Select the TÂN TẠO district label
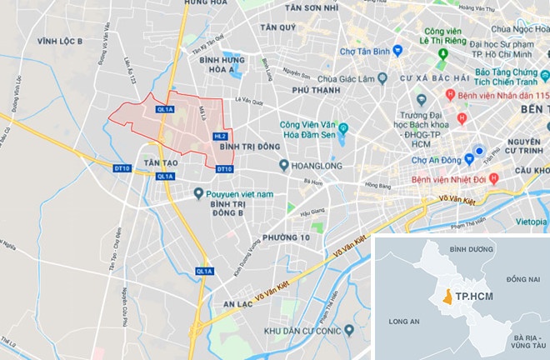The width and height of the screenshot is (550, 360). tap(161, 160)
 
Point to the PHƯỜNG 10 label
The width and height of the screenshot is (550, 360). tap(280, 238)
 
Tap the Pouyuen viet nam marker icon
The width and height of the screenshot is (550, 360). tap(197, 193)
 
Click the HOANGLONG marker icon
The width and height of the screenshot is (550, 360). tap(284, 165)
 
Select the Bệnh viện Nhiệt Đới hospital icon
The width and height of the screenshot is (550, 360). tap(493, 177)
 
